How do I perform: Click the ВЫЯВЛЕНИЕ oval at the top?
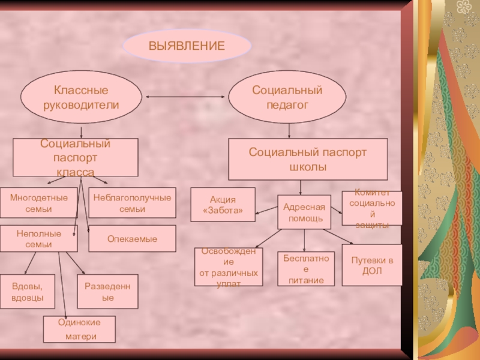[187, 46]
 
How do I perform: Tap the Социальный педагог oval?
[287, 97]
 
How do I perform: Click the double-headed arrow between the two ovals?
[185, 97]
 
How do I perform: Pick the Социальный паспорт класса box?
[76, 158]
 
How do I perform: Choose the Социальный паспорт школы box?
[308, 159]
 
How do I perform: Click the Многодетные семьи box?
[39, 203]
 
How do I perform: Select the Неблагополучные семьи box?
[133, 203]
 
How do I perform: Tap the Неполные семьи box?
[39, 238]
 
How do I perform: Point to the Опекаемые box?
[133, 239]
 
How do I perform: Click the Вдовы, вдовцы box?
[27, 292]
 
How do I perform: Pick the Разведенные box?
[108, 292]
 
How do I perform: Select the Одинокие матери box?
[79, 329]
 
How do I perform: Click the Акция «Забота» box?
[223, 205]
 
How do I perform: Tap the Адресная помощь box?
[305, 212]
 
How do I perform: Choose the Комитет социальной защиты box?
[372, 208]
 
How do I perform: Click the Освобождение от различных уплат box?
[229, 267]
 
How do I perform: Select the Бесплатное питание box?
[305, 269]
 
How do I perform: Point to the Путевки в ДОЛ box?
[372, 265]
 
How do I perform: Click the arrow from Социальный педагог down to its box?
[289, 130]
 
